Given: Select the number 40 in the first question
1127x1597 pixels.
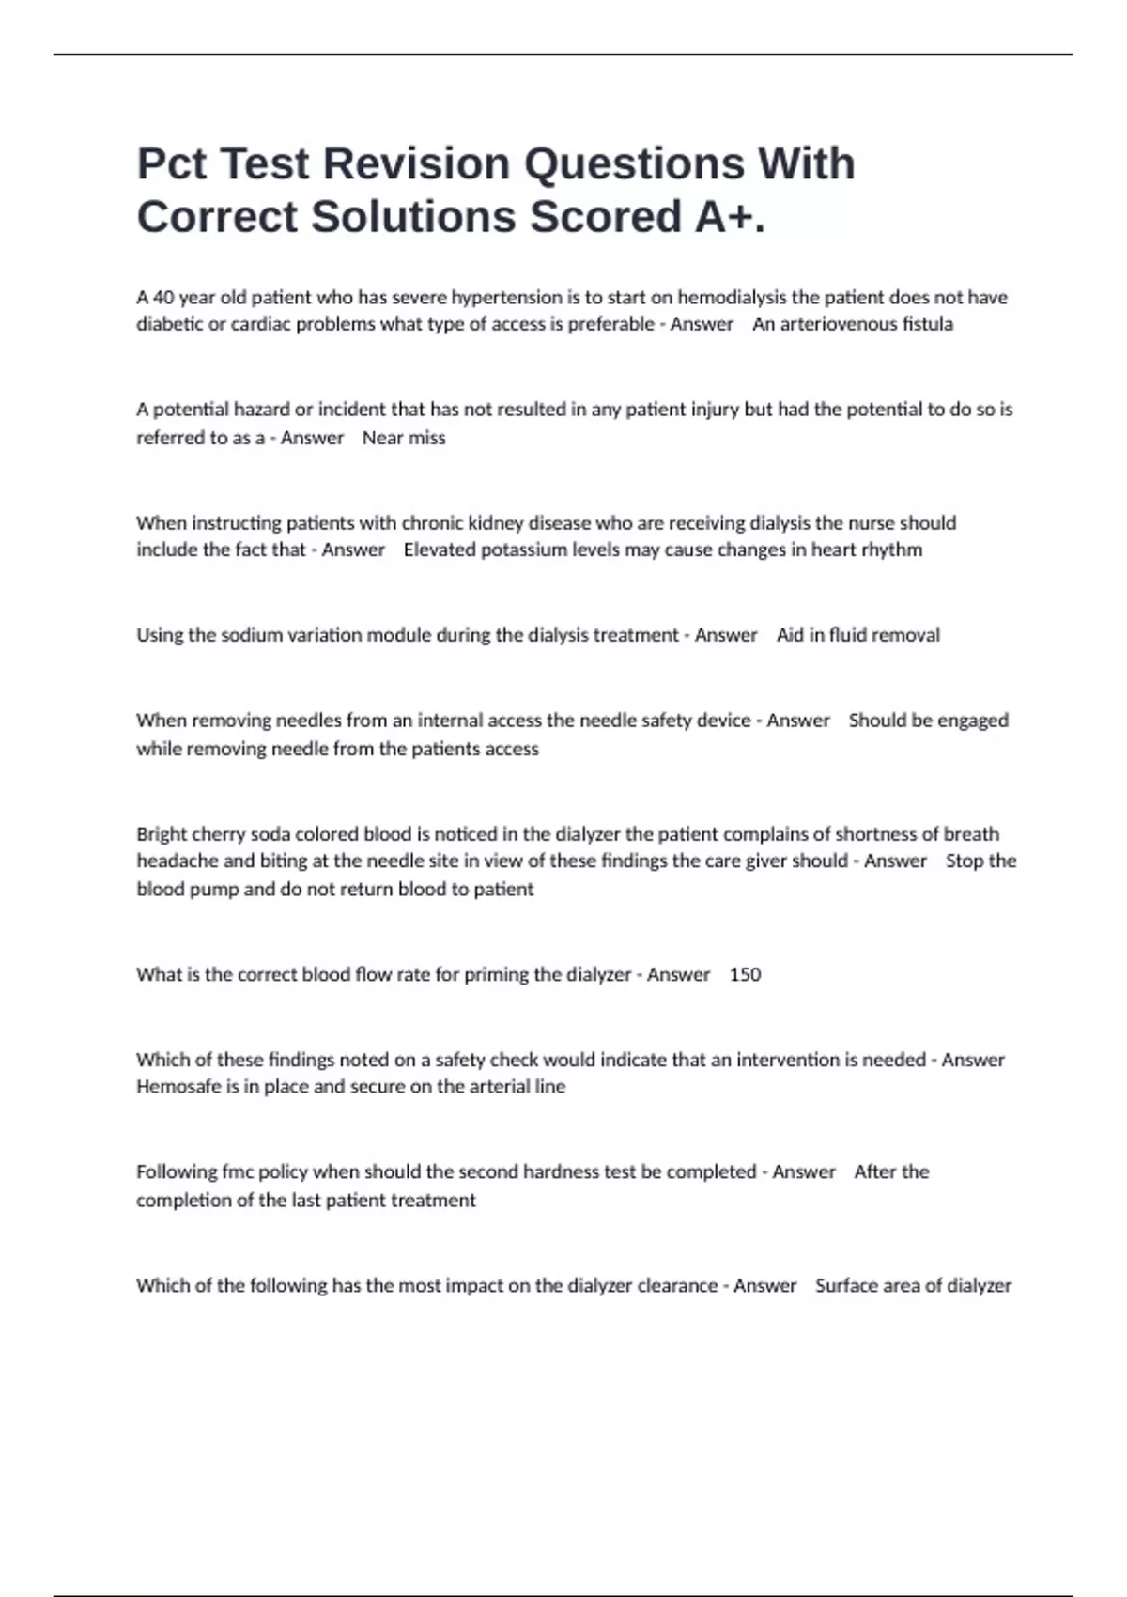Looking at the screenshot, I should pyautogui.click(x=162, y=298).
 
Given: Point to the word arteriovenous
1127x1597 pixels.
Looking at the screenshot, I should pyautogui.click(x=832, y=324).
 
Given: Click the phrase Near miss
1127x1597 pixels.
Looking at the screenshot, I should pyautogui.click(x=404, y=438).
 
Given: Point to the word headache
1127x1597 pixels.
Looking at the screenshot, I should pyautogui.click(x=178, y=861).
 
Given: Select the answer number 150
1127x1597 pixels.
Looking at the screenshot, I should pyautogui.click(x=745, y=974).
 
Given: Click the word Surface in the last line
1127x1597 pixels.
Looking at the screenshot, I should pyautogui.click(x=848, y=1285).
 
